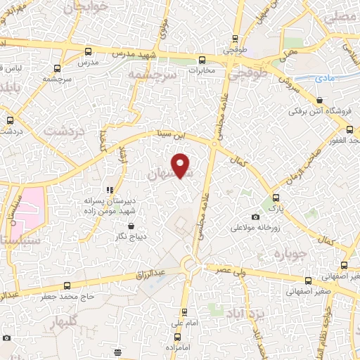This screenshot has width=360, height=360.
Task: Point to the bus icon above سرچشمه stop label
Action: coord(57,68)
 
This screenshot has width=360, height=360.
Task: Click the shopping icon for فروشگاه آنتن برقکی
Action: coord(319,101)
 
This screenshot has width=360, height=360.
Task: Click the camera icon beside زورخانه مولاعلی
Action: coord(255,217)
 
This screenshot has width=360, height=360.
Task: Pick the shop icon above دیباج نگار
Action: coord(131,226)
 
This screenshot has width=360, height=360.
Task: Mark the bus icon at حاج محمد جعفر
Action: coord(67,285)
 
